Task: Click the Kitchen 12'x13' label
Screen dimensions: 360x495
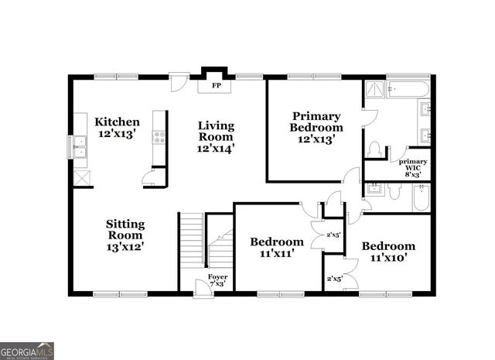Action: pyautogui.click(x=117, y=128)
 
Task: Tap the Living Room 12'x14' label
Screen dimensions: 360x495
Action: pyautogui.click(x=216, y=136)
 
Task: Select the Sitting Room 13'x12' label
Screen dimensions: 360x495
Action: pyautogui.click(x=125, y=235)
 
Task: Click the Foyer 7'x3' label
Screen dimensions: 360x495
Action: pyautogui.click(x=217, y=280)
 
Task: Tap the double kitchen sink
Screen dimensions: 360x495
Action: pyautogui.click(x=80, y=146)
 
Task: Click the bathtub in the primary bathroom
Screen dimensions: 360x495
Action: pyautogui.click(x=407, y=89)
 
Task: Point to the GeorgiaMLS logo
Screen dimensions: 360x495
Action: pyautogui.click(x=27, y=351)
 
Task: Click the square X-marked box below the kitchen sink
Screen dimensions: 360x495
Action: pyautogui.click(x=80, y=177)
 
